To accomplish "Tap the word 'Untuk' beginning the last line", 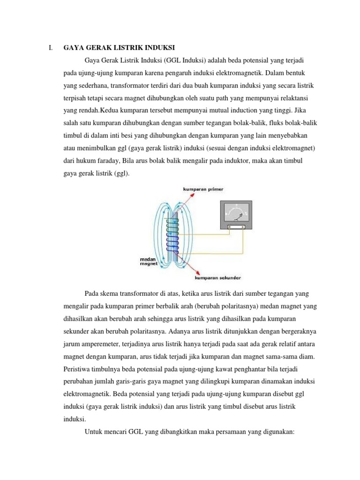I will (94, 430).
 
